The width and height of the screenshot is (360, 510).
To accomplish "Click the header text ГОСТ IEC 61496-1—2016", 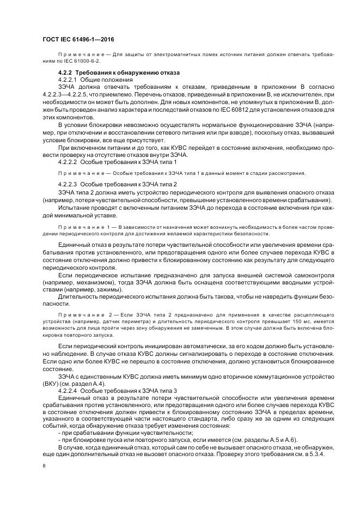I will pyautogui.click(x=77, y=40).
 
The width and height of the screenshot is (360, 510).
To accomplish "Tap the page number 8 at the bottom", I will pyautogui.click(x=44, y=466).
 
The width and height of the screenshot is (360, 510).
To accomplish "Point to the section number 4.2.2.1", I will pyautogui.click(x=68, y=80).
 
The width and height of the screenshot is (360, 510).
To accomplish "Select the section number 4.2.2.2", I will pyautogui.click(x=68, y=162).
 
